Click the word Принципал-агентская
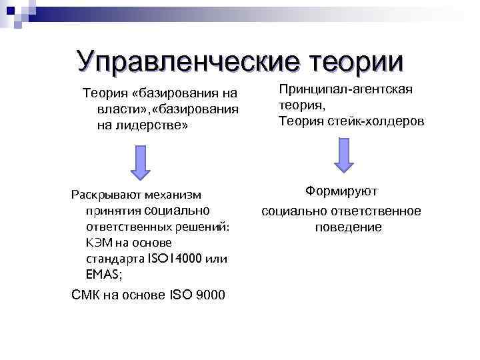(x=346, y=89)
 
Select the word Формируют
(x=341, y=191)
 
